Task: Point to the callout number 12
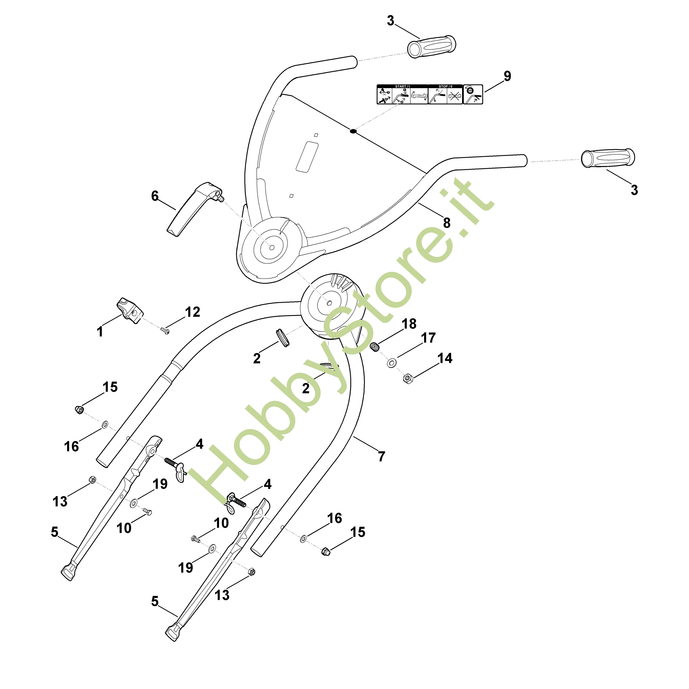[x=193, y=312]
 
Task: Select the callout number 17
[x=428, y=338]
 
